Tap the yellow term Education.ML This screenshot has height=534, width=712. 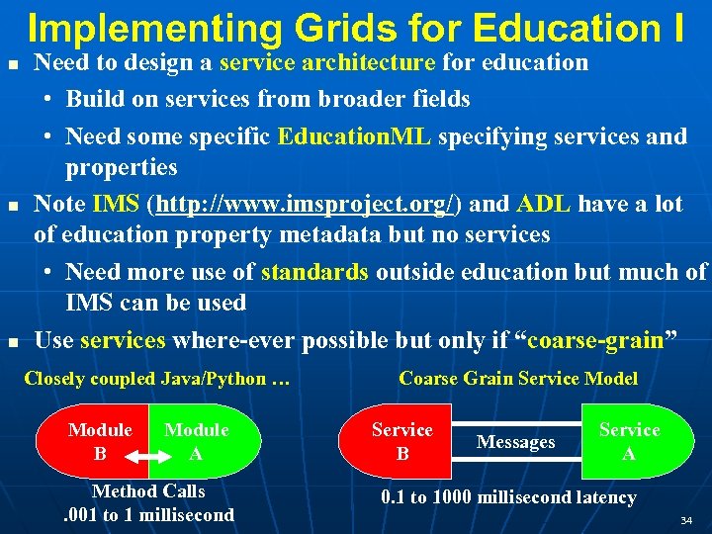pos(354,136)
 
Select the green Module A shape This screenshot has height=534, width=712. pos(203,441)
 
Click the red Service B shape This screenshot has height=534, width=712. pos(400,441)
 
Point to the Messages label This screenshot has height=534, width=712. pos(515,443)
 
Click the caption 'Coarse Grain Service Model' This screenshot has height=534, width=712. pos(518,379)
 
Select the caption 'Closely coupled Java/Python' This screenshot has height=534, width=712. pos(156,379)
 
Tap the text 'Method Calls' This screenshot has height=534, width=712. pos(148,491)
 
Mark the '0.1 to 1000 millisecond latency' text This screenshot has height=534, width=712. pos(508,497)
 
